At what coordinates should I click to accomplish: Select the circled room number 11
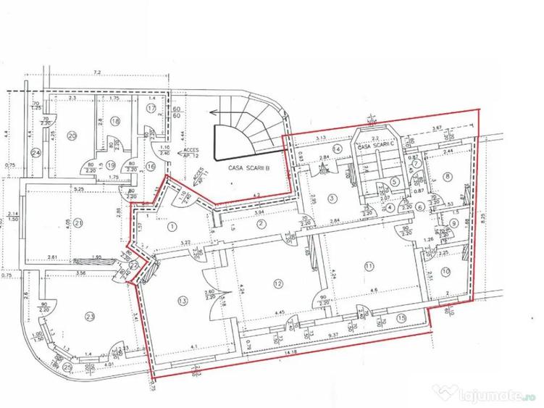[369, 266]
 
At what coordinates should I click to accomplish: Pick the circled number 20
[72, 135]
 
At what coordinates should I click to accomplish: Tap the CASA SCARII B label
[243, 167]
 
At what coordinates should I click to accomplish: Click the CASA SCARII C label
[375, 145]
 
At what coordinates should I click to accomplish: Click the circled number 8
[448, 175]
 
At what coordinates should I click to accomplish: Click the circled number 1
[172, 226]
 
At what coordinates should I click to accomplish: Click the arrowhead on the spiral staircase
[215, 113]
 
